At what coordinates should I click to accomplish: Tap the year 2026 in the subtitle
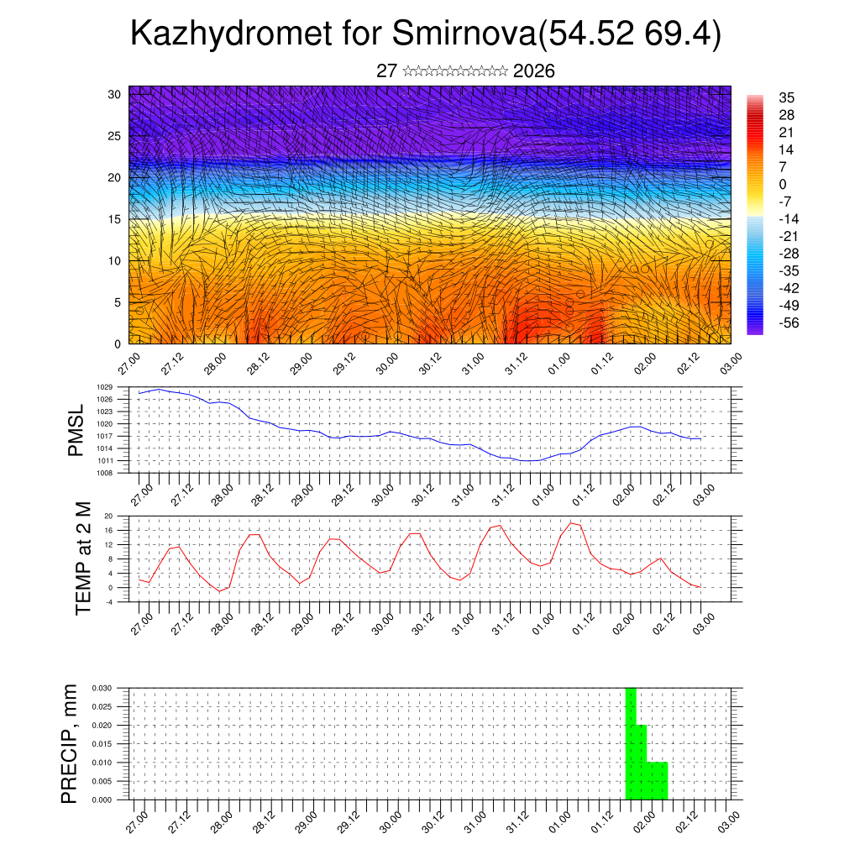[x=533, y=71]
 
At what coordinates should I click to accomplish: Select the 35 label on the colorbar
[x=787, y=97]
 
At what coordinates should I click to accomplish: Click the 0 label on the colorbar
[x=783, y=184]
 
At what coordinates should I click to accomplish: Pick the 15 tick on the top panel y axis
[x=115, y=219]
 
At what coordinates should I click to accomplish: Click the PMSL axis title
[x=76, y=430]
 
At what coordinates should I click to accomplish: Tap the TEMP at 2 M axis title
[x=83, y=558]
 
